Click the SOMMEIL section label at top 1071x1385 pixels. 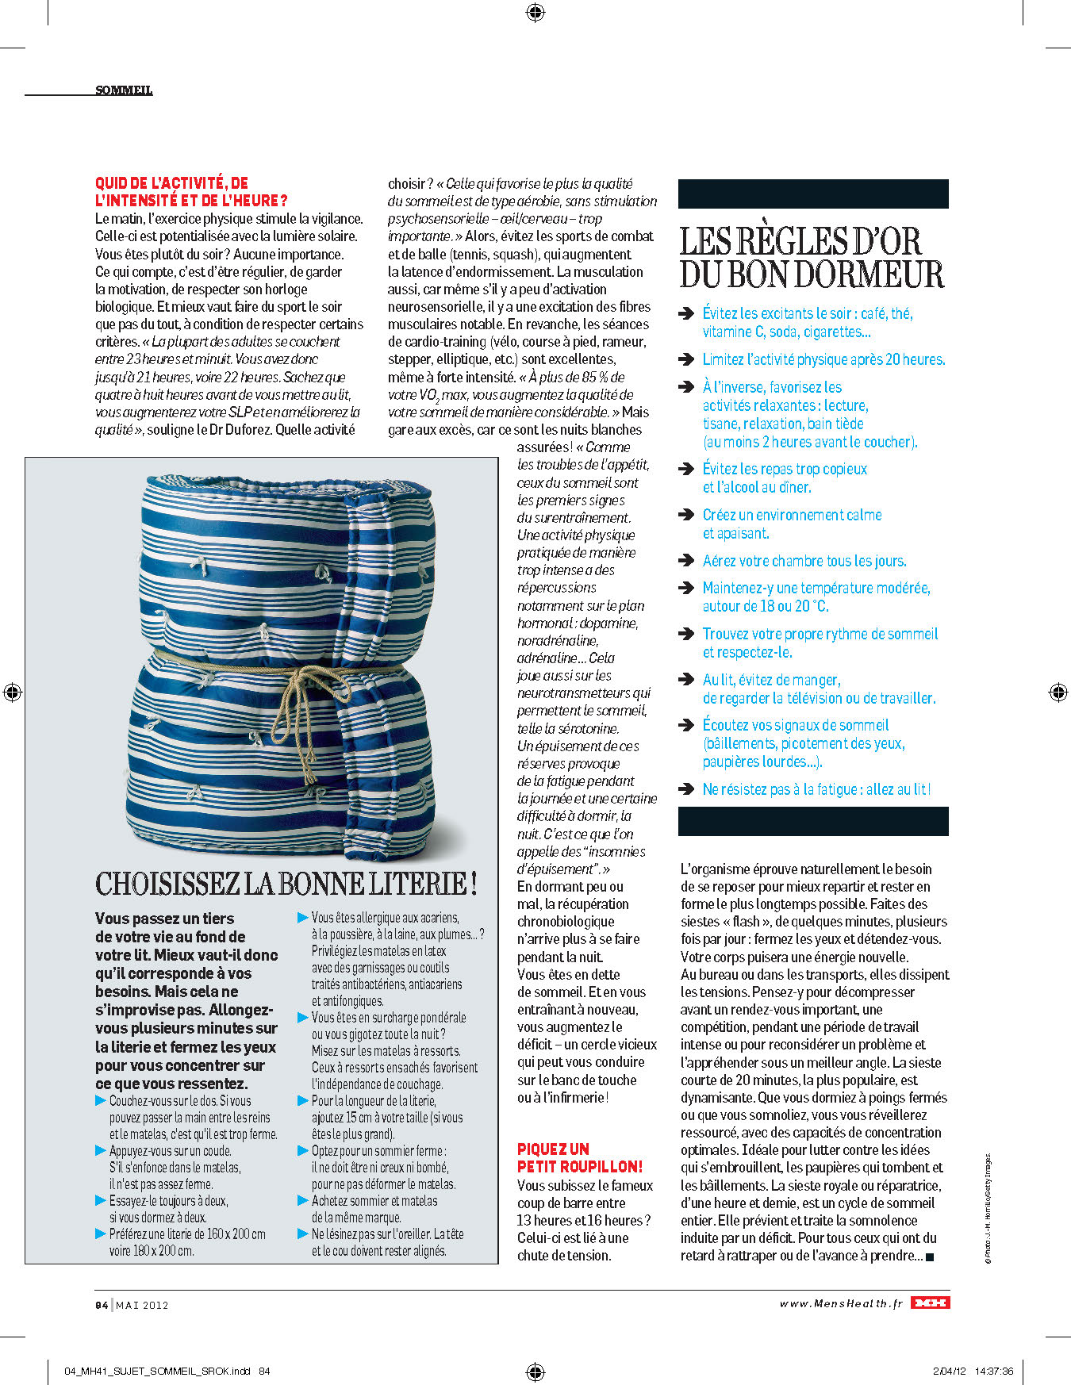click(x=124, y=90)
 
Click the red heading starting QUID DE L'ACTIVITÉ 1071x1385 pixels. click(x=190, y=192)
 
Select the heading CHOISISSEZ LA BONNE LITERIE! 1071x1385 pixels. click(x=286, y=884)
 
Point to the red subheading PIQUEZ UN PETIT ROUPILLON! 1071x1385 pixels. click(x=579, y=1157)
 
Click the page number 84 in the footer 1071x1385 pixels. click(x=102, y=1305)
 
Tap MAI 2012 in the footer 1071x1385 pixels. click(x=143, y=1305)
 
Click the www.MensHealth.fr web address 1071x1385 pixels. click(x=841, y=1303)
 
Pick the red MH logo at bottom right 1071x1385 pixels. click(x=930, y=1303)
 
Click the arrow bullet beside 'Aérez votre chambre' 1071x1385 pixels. click(x=687, y=561)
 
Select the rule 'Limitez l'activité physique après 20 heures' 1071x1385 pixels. click(x=823, y=359)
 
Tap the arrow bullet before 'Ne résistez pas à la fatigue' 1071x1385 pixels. click(x=687, y=789)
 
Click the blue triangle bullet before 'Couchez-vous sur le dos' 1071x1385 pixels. click(x=101, y=1101)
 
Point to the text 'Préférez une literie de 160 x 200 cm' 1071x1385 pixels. click(x=187, y=1234)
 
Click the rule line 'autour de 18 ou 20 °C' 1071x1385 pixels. click(x=765, y=606)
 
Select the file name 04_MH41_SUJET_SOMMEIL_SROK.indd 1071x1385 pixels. click(x=157, y=1371)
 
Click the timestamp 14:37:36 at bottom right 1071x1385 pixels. click(x=993, y=1371)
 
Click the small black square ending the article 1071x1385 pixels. click(x=930, y=1256)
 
